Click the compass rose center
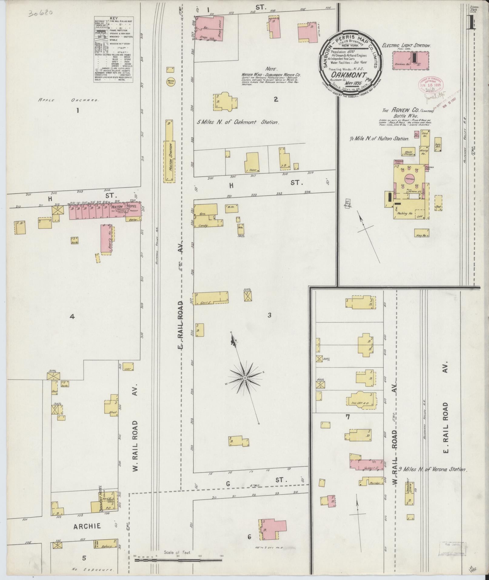[x=244, y=378]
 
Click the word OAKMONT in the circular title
[x=348, y=74]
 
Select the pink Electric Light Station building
[x=411, y=60]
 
